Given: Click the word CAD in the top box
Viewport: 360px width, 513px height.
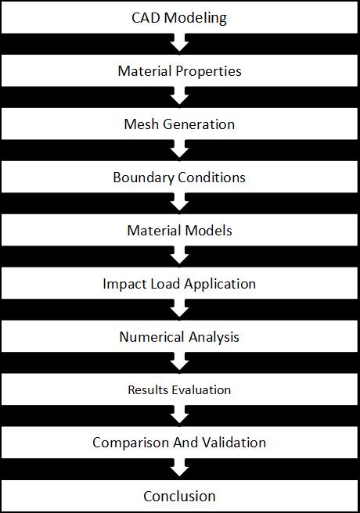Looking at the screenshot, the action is click(146, 18).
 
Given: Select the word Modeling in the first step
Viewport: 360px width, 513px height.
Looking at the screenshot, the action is click(196, 19).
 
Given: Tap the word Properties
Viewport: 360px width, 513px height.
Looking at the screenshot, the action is click(208, 72).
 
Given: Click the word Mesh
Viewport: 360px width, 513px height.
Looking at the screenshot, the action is click(142, 124).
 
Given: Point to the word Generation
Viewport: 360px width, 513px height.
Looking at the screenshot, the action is click(199, 124).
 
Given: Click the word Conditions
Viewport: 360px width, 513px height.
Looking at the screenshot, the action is click(211, 178).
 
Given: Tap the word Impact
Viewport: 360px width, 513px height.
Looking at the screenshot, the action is click(121, 285).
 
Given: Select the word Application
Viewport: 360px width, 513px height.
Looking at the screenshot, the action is click(220, 285).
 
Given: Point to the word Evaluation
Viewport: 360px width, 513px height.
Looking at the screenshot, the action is click(201, 390).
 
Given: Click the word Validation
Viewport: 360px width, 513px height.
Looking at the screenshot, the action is click(234, 443).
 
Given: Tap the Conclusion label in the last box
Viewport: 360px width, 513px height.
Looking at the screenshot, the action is click(179, 497).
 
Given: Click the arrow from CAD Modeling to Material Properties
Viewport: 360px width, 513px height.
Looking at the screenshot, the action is click(179, 42).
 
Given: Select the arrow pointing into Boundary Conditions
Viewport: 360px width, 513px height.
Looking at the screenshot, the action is click(179, 149).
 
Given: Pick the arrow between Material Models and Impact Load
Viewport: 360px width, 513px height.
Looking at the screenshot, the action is click(179, 255).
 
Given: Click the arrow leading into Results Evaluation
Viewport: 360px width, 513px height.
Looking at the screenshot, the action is click(179, 362).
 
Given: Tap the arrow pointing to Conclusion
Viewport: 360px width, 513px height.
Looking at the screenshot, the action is click(179, 468).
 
